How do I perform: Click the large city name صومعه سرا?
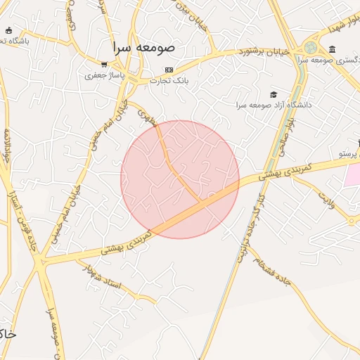point(148,48)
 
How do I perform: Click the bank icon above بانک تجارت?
point(169,70)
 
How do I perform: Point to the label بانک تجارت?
point(169,80)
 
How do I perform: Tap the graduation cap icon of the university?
point(274,94)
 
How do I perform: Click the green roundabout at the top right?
point(310,48)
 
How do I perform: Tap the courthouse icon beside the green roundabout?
point(332,49)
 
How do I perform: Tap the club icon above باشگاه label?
point(8,30)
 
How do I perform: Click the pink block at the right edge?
point(352,174)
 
